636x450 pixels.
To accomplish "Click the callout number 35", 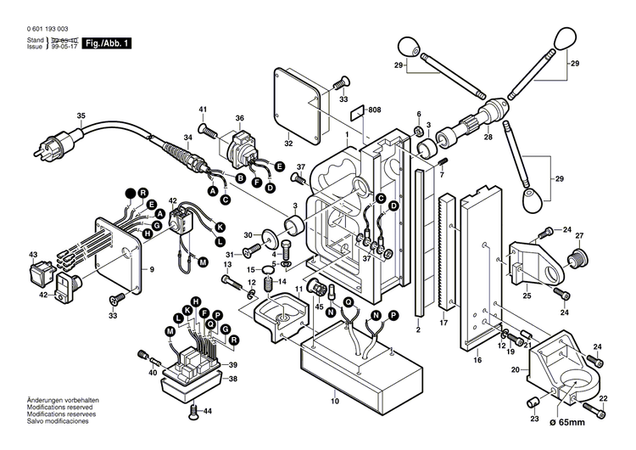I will pyautogui.click(x=81, y=116).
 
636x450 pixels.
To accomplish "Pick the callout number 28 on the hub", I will pyautogui.click(x=488, y=137).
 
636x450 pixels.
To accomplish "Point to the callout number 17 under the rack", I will pyautogui.click(x=443, y=323).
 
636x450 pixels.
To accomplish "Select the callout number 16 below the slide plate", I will pyautogui.click(x=477, y=361).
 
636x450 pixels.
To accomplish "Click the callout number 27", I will pyautogui.click(x=580, y=236).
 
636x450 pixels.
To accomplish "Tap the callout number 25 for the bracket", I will pyautogui.click(x=527, y=295).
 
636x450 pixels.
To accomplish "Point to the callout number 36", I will pyautogui.click(x=239, y=118).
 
